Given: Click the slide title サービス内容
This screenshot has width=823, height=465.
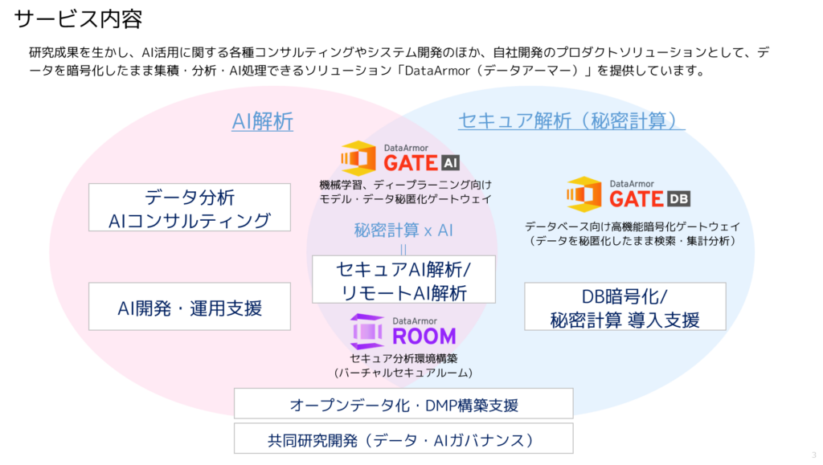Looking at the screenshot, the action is click(x=78, y=18).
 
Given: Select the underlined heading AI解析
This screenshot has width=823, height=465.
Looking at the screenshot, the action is click(x=263, y=121).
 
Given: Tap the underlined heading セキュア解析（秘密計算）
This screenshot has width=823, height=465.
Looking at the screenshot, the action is click(x=571, y=120).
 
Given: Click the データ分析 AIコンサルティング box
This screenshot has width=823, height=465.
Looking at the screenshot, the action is click(x=190, y=207).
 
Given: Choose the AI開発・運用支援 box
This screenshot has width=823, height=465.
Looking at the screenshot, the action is click(x=190, y=307).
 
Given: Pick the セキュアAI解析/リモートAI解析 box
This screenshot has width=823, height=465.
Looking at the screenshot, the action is click(x=403, y=279).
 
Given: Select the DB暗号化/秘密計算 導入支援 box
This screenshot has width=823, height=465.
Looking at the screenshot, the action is click(x=625, y=307).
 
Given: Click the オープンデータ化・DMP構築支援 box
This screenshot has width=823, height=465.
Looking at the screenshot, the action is click(x=403, y=404).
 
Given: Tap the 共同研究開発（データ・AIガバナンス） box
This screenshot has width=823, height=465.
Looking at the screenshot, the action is click(x=403, y=438).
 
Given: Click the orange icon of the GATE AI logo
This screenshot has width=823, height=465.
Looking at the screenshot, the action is click(x=358, y=157).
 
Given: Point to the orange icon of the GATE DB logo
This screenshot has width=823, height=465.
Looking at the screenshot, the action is click(x=584, y=194).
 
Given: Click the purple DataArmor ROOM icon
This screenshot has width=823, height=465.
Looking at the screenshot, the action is click(x=366, y=332).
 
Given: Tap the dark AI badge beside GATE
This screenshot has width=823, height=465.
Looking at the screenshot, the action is click(x=450, y=163).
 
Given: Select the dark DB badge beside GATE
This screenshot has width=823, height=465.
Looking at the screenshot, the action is click(x=678, y=198).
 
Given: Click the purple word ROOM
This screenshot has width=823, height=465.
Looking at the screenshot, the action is click(x=424, y=336).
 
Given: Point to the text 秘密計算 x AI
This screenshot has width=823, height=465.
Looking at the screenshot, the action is click(x=403, y=230).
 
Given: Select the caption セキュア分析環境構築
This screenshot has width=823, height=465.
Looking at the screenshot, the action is click(x=403, y=358).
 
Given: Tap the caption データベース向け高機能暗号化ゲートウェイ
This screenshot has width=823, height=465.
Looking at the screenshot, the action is click(x=633, y=226).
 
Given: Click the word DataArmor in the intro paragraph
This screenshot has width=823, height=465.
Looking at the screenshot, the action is click(x=437, y=70).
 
